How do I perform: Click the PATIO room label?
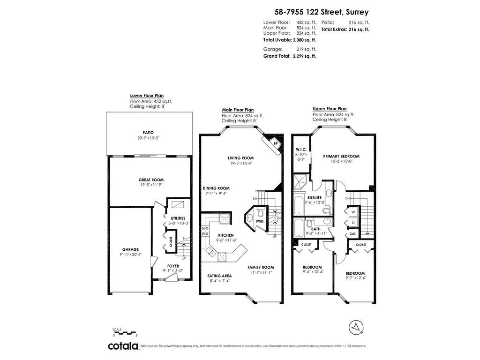tap(148, 133)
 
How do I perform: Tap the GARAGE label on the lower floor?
tap(130, 249)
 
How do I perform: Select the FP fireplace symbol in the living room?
tap(275, 143)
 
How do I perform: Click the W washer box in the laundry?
tap(353, 212)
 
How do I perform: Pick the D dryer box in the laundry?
tap(353, 223)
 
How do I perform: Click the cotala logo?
tap(123, 346)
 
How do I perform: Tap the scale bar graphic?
tap(124, 332)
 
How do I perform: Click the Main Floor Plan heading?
tap(238, 110)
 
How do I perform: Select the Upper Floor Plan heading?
tap(330, 109)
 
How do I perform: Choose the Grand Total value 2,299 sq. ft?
tap(304, 56)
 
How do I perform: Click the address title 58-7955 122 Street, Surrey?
tap(322, 12)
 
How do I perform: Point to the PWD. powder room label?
tap(260, 221)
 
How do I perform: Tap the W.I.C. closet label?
tap(301, 150)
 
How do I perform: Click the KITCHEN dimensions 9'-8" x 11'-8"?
tap(227, 240)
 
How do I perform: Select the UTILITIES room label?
tap(178, 218)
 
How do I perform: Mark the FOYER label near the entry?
tap(173, 266)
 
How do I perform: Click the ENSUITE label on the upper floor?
tap(315, 197)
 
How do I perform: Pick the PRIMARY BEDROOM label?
tap(341, 156)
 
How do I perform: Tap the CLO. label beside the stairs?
tap(352, 234)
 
